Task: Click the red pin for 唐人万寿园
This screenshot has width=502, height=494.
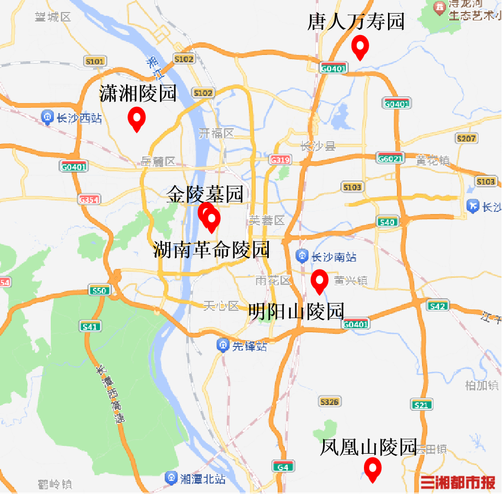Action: coord(360,47)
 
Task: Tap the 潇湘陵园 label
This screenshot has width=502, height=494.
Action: coord(138,94)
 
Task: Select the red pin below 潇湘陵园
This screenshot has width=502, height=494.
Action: coord(136,118)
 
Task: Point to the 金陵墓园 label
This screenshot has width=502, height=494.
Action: coord(205,194)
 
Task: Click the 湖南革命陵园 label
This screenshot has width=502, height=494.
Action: coord(212,250)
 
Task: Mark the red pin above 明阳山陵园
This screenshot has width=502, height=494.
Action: coord(319,281)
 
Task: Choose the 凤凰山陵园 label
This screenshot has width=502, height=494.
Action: coord(368,447)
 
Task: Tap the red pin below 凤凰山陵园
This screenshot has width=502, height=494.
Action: coord(372,468)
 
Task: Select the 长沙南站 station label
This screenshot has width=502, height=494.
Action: coord(327,257)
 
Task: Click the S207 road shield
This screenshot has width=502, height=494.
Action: coord(466,138)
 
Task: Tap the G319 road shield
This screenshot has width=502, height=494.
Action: coord(280,159)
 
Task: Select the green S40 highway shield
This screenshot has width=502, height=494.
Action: coord(387,222)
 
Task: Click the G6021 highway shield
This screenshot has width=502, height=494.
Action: coord(390,158)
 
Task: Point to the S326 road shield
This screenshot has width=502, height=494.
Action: coord(329,402)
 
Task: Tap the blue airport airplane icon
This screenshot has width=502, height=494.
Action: coord(473,206)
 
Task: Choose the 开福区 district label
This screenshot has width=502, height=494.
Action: coord(216,133)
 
